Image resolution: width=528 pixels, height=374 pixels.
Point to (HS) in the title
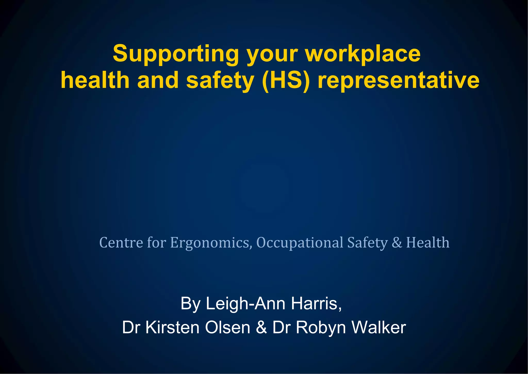[x=286, y=80]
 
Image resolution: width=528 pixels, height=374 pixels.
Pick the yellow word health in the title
[x=95, y=80]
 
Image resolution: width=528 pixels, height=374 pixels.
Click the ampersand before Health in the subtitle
[x=397, y=243]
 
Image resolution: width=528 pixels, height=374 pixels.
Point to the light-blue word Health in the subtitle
[x=428, y=243]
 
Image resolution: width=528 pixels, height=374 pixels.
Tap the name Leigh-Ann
[x=246, y=304]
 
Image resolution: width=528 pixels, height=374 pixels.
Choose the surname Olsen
[x=228, y=328]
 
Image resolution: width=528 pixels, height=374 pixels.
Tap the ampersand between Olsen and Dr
[x=261, y=328]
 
